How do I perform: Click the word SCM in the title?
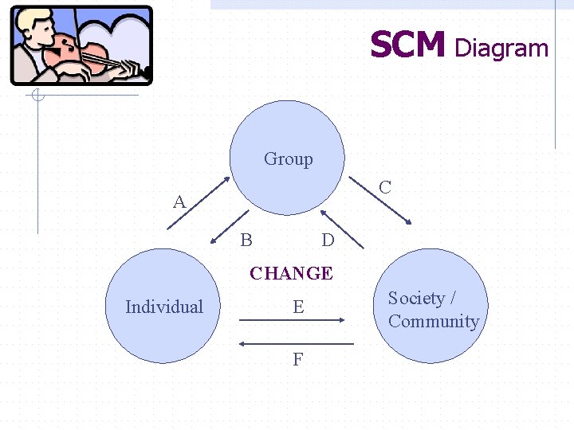(x=407, y=46)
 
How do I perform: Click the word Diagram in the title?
(x=501, y=49)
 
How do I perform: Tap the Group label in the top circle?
(x=288, y=159)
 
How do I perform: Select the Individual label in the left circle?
(x=164, y=307)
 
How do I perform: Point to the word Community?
(x=434, y=322)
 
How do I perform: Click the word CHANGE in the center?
(x=291, y=273)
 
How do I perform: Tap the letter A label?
(x=179, y=202)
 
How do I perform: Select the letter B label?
(x=246, y=240)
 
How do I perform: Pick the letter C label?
(x=385, y=188)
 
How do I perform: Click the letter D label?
(x=327, y=240)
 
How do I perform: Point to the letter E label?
(x=298, y=307)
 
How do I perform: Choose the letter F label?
(x=297, y=360)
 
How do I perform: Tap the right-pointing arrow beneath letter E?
(x=292, y=320)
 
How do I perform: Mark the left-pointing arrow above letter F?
(x=296, y=343)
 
